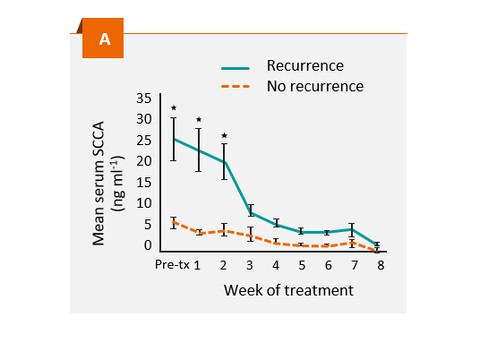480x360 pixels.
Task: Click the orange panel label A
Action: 104,39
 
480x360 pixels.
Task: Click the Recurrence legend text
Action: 304,65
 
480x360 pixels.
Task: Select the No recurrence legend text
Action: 315,86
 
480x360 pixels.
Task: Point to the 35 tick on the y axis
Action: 144,99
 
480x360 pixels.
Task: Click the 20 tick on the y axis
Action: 144,161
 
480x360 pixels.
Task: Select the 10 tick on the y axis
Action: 144,203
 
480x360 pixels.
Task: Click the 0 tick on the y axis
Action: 148,244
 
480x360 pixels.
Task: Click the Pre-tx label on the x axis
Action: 172,265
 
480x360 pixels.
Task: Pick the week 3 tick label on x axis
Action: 250,266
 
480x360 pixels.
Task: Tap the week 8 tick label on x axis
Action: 381,266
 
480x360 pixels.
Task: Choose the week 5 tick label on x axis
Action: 302,266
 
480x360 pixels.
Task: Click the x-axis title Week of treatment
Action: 288,290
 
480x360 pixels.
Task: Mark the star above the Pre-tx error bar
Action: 174,108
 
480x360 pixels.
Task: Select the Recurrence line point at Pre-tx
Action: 174,139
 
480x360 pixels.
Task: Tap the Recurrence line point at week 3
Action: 251,212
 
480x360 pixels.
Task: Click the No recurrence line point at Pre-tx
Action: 174,222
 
